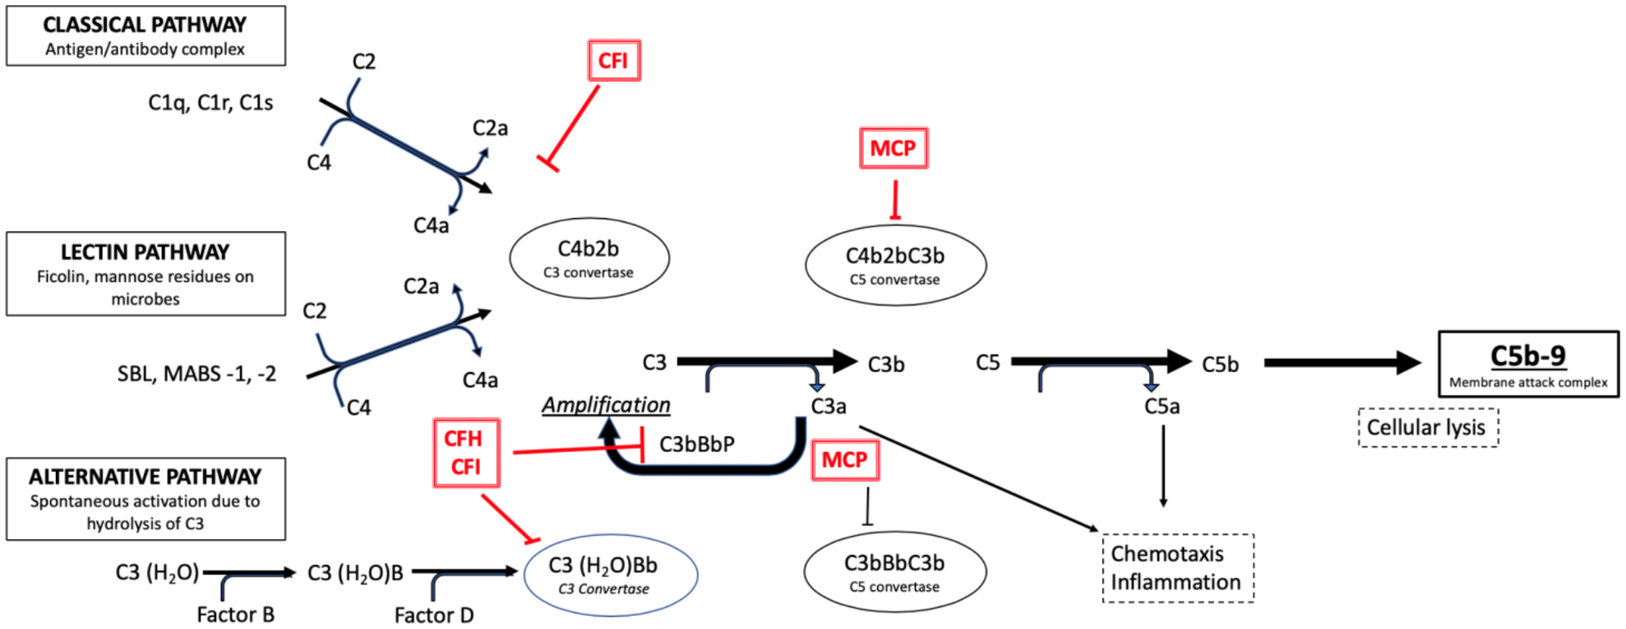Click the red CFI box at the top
click(614, 61)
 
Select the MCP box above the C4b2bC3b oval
click(893, 148)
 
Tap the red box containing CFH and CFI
click(466, 452)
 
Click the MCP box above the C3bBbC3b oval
click(845, 460)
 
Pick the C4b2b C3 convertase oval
click(589, 259)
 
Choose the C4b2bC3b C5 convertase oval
click(895, 265)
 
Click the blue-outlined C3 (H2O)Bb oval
click(610, 575)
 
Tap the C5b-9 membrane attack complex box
click(1527, 364)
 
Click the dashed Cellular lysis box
click(1427, 428)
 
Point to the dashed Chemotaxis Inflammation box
click(1177, 568)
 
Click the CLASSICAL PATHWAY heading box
click(146, 36)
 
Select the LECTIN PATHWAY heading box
click(146, 274)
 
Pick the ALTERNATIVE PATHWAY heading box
click(146, 498)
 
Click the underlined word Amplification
click(606, 404)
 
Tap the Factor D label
click(434, 615)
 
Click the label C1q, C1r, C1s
click(211, 103)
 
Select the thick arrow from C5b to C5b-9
click(1340, 362)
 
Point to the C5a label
click(1161, 406)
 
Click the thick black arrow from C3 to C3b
click(765, 361)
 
